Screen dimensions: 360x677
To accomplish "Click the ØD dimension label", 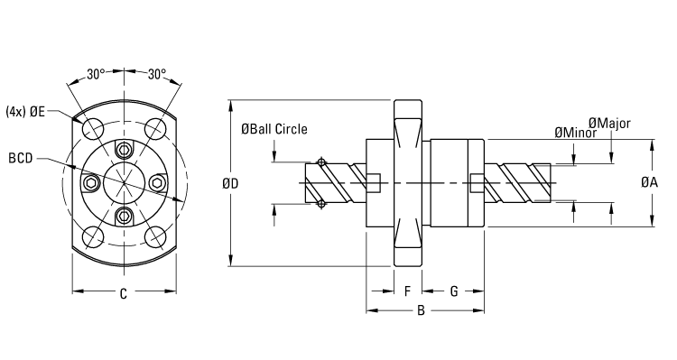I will tap(229, 183).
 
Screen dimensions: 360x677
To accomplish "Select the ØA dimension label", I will tap(649, 182).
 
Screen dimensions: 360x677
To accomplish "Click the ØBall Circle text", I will tap(274, 129).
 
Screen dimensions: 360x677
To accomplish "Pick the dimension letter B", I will tap(420, 311).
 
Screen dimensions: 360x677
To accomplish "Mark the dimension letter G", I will tap(454, 291).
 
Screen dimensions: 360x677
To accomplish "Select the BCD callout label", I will tap(21, 158).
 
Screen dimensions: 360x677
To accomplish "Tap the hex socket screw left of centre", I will tap(91, 184).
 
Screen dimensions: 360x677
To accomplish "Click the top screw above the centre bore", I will tap(125, 151).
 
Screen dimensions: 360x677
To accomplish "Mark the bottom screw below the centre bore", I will tap(125, 216).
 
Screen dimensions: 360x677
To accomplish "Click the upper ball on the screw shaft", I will tap(321, 162).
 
